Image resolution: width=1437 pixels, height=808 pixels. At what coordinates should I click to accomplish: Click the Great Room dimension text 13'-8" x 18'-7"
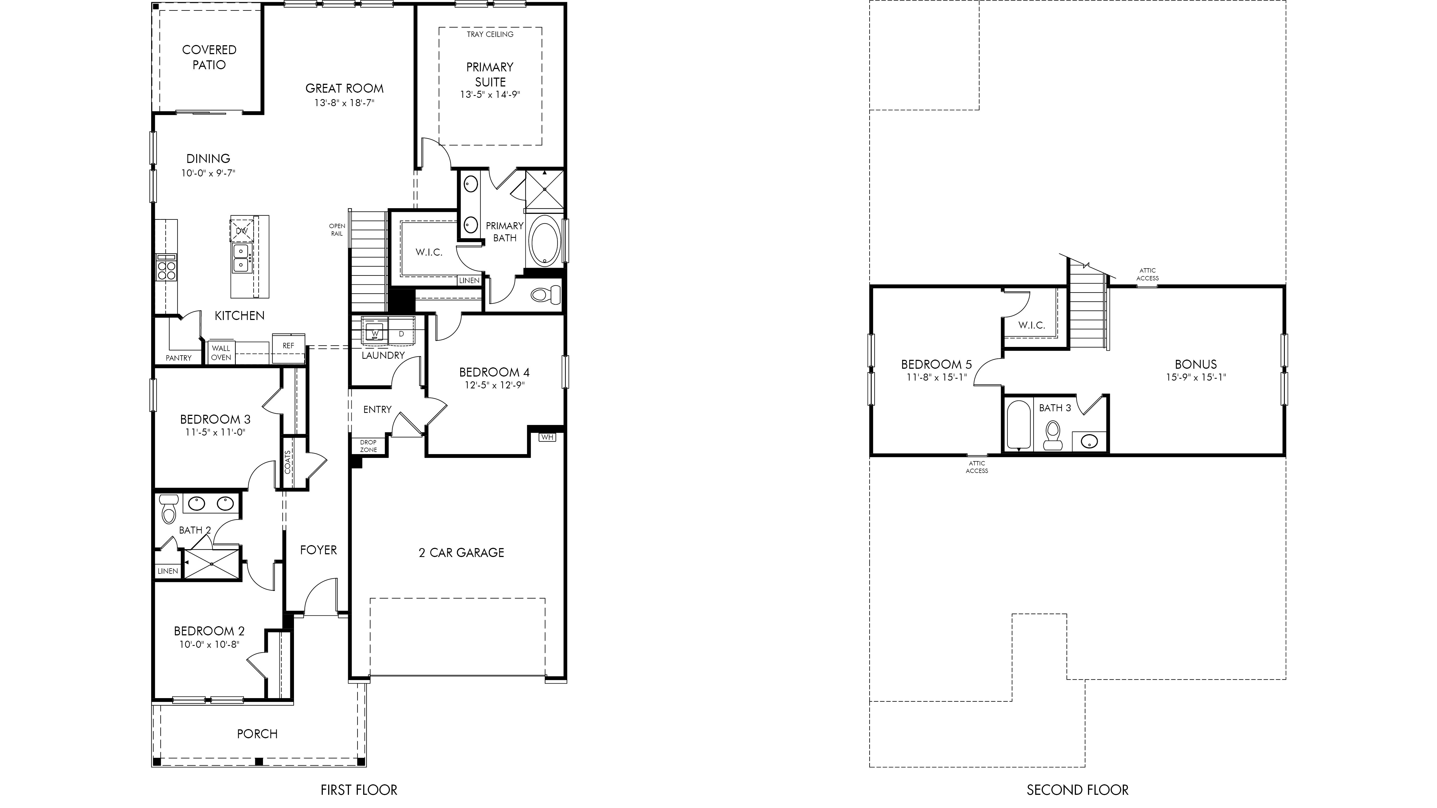pos(344,103)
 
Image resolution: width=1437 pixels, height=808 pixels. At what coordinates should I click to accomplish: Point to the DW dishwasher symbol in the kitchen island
pos(241,230)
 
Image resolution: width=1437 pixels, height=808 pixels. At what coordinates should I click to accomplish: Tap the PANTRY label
pos(178,358)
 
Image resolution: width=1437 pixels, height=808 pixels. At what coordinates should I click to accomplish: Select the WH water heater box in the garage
pos(547,437)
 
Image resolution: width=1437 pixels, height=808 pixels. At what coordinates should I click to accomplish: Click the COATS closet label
pos(288,462)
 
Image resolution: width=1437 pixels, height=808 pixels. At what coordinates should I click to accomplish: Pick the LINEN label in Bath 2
pos(167,571)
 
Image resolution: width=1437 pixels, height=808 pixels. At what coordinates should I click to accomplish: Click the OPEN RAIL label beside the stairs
pos(337,230)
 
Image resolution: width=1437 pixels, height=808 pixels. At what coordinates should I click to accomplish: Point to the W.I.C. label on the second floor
pos(1031,325)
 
